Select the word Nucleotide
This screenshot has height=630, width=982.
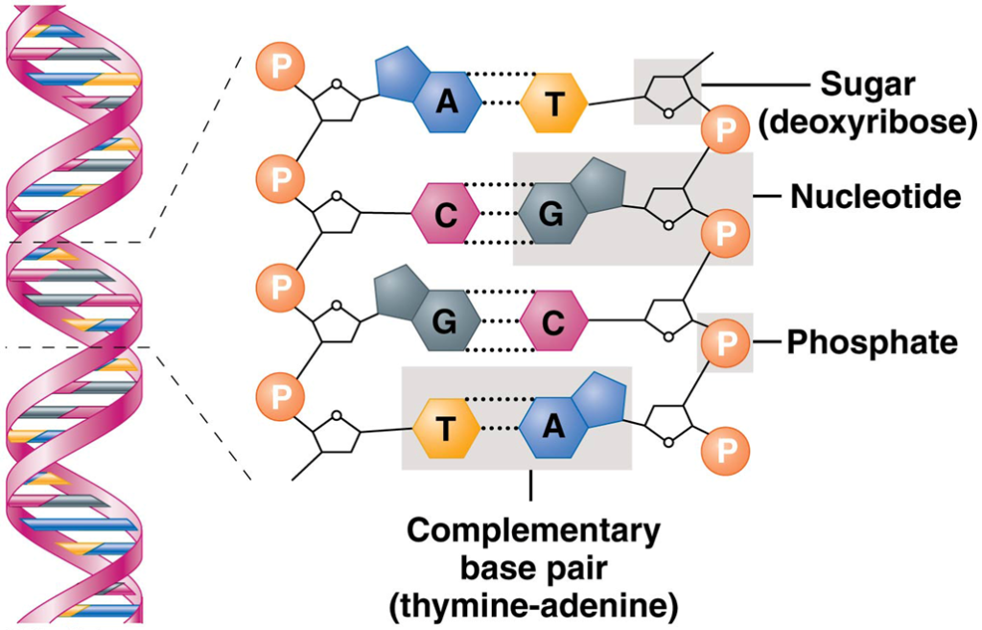click(x=875, y=198)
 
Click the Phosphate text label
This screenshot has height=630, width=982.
click(x=872, y=341)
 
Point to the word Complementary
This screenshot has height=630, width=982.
click(x=532, y=530)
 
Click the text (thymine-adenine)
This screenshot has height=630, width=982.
click(x=532, y=606)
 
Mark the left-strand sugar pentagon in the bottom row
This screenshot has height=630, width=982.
click(x=337, y=433)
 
